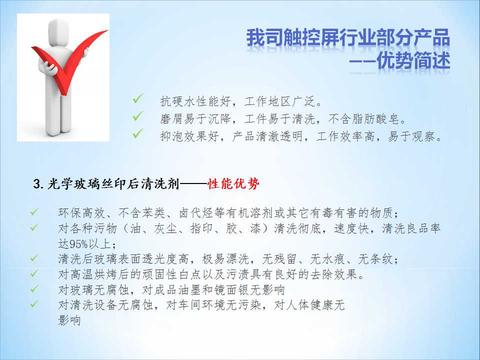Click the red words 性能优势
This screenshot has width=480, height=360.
point(233,183)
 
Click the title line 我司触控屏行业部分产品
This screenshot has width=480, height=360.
point(348,38)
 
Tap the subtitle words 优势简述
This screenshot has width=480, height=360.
point(413,60)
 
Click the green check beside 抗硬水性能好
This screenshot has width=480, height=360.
point(138,98)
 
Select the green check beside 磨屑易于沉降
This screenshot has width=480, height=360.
point(138,116)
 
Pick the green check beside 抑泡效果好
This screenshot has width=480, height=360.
point(138,133)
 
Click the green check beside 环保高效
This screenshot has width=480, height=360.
point(34,212)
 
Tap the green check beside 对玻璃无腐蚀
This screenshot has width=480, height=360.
point(34,288)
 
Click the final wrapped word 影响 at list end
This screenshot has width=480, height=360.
point(69,320)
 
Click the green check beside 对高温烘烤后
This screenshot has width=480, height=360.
point(34,273)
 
